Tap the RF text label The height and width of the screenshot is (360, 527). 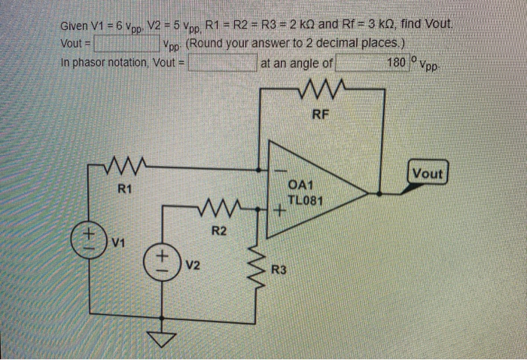click(321, 115)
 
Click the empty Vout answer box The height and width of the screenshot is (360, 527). click(126, 44)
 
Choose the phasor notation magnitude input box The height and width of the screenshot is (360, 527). click(223, 63)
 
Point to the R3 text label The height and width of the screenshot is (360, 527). click(279, 269)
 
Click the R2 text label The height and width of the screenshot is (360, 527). click(218, 230)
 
